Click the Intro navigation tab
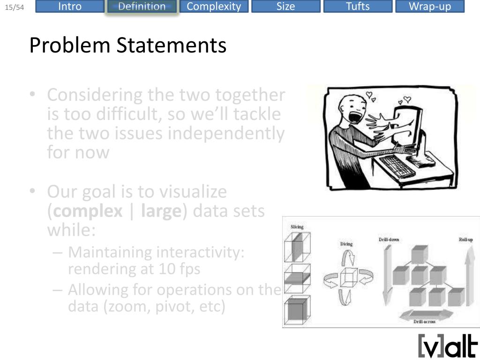(70, 6)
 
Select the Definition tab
(142, 7)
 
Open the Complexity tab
(214, 6)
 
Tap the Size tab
(285, 6)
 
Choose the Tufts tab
(358, 6)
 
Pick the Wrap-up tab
(430, 6)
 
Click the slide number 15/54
(15, 7)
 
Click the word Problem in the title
(70, 45)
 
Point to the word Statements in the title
(172, 45)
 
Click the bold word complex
(88, 211)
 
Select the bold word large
(161, 211)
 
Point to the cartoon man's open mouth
(356, 117)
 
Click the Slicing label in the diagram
(297, 227)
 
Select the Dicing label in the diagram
(346, 244)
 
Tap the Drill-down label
(389, 240)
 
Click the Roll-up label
(465, 240)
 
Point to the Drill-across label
(424, 322)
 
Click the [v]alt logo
(448, 346)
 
